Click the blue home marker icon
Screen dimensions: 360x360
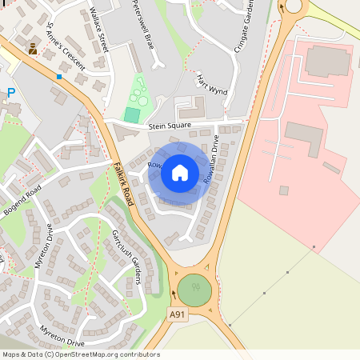pos(180,172)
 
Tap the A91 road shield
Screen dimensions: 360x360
pos(179,316)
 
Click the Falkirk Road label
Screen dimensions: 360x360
pos(126,174)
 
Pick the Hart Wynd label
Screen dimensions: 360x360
pos(212,86)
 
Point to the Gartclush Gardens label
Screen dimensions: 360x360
pos(126,256)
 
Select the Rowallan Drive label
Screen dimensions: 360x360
pos(210,159)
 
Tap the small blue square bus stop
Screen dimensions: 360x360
pos(59,77)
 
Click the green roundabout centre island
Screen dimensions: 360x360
pos(194,289)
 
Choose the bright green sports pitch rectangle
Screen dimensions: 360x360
pos(131,115)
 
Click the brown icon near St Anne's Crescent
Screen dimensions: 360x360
pos(33,50)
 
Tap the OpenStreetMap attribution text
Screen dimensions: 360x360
pos(80,354)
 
